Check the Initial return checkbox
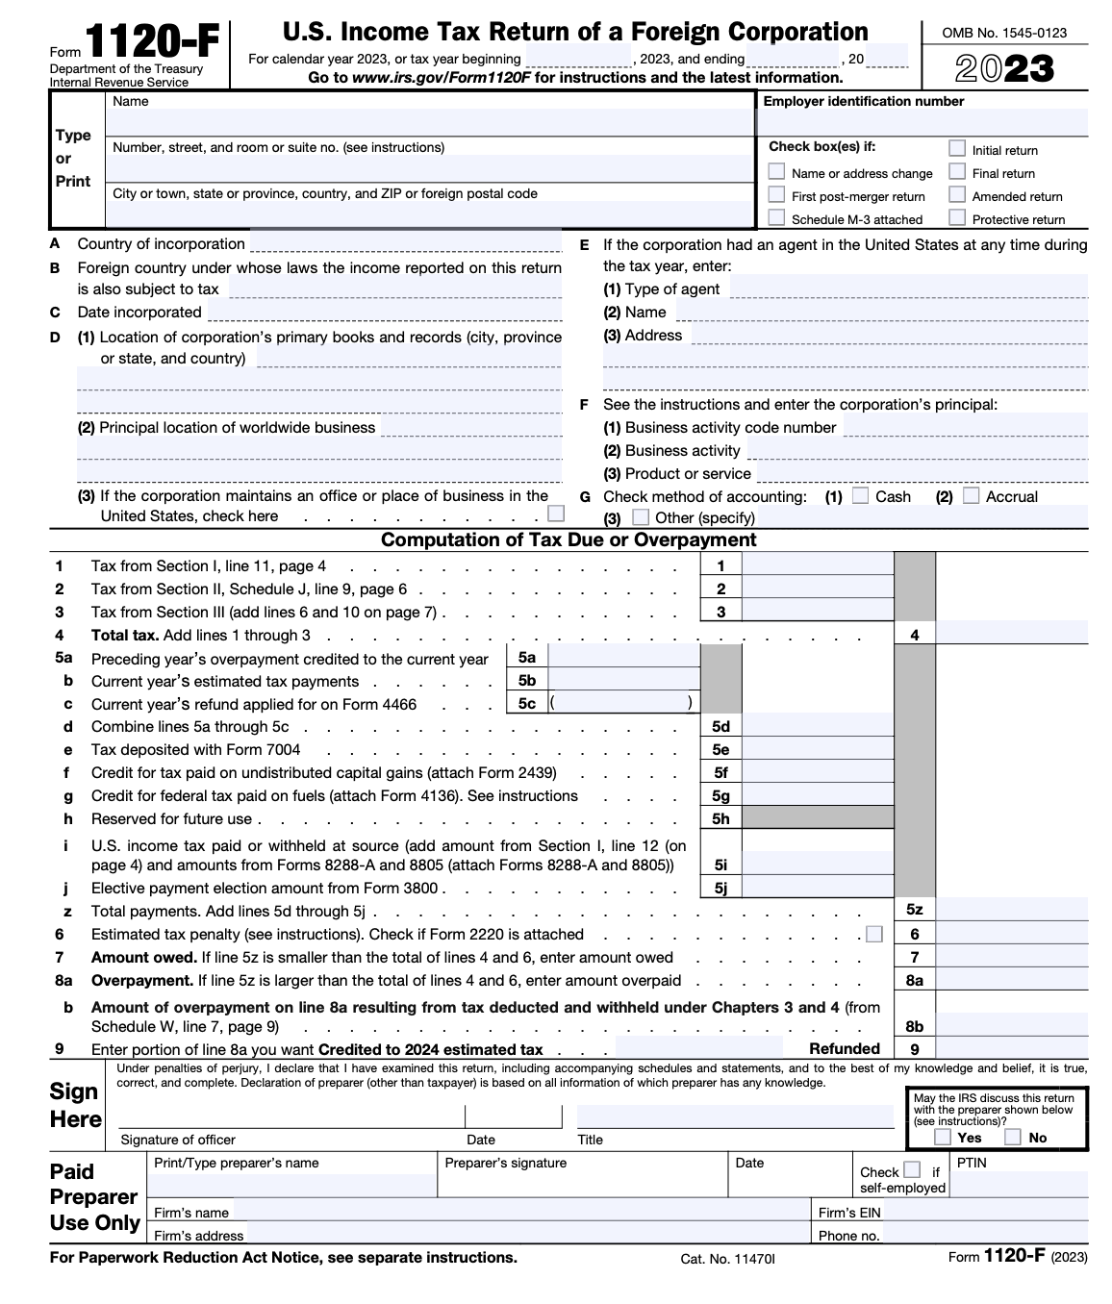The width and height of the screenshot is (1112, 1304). point(957,148)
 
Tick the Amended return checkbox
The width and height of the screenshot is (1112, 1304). point(957,194)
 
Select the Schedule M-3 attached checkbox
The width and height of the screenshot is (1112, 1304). point(776,217)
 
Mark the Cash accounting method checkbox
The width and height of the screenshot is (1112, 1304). point(861,495)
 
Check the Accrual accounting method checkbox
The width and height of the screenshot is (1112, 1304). point(972,495)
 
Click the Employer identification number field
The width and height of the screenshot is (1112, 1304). point(922,123)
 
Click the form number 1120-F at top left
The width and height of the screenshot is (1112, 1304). point(152,43)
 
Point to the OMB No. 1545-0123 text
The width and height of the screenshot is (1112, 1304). point(1004,33)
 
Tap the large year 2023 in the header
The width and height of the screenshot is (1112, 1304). point(1004,69)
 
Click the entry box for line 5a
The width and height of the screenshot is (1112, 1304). point(622,657)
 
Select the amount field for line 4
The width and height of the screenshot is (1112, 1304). point(1011,634)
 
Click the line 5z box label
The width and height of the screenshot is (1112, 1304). point(914,910)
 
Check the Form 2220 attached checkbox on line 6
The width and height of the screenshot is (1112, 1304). point(873,934)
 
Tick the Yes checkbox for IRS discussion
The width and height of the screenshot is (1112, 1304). point(943,1137)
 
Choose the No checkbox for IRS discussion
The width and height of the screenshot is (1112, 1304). point(1012,1137)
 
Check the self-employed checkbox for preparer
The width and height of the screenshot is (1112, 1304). point(912,1170)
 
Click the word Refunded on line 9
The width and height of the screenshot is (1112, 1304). point(844,1049)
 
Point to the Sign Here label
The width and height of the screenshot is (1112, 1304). point(75,1105)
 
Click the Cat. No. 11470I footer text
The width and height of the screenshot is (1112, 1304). point(726,1259)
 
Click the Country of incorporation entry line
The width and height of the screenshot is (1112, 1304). point(405,243)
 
